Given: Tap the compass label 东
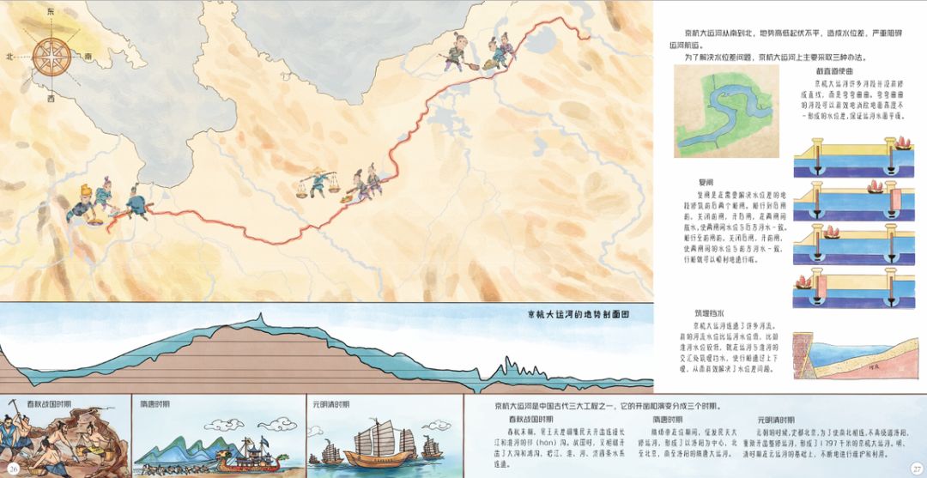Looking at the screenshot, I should click(50, 12).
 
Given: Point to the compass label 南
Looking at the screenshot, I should click(88, 57).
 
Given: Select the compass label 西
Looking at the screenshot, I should click(51, 97).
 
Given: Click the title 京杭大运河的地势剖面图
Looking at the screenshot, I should click(579, 314).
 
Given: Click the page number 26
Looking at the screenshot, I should click(14, 467).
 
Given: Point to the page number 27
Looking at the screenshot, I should click(915, 467).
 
